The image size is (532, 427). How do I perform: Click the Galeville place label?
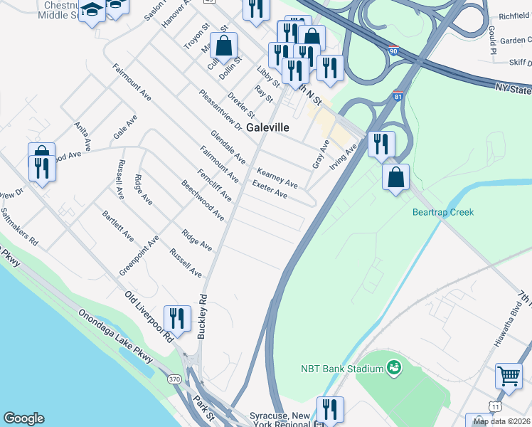268,127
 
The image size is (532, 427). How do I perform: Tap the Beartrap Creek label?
442,212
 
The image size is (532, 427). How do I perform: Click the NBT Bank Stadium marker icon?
393,367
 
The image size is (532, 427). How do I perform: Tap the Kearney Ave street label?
277,177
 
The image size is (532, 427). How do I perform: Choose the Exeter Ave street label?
270,189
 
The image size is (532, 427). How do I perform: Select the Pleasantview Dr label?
220,110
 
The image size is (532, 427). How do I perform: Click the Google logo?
23,418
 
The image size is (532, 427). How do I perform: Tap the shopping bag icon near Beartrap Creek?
395,176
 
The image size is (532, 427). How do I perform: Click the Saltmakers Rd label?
19,226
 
